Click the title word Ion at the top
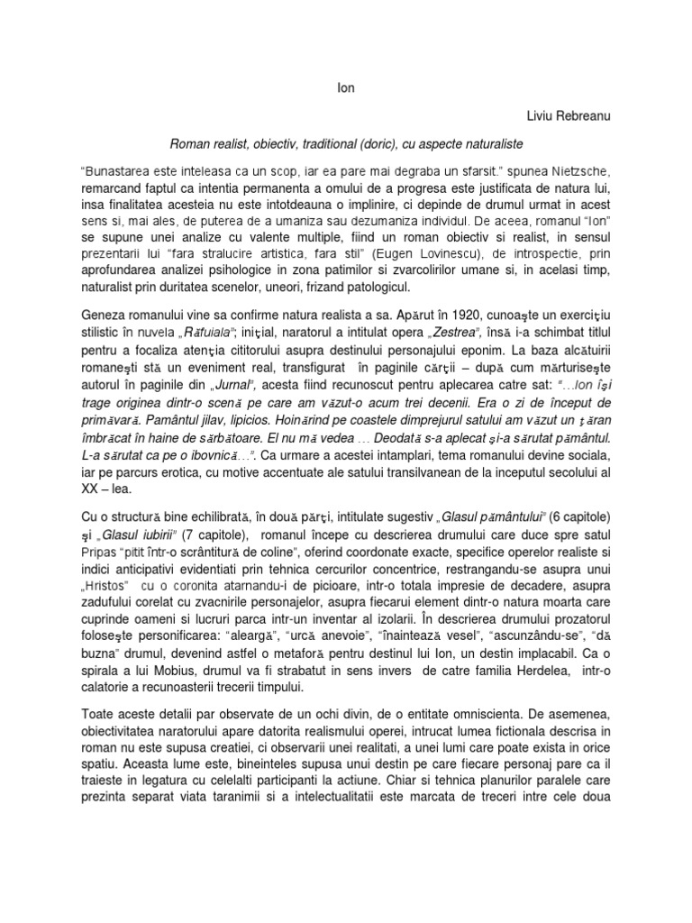point(345,88)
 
